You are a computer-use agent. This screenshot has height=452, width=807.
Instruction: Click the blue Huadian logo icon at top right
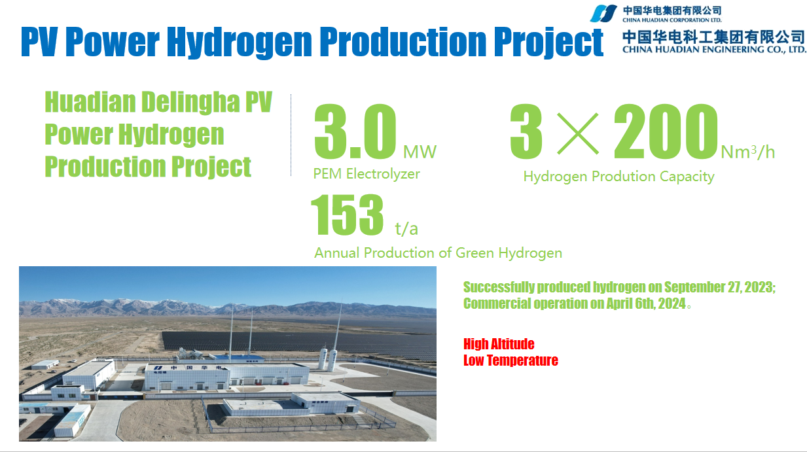pos(603,13)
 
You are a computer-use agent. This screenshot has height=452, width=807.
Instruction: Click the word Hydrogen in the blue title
pos(239,43)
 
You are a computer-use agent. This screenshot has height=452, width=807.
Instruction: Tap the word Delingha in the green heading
pos(190,102)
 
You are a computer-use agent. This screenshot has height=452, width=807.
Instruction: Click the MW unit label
pos(420,152)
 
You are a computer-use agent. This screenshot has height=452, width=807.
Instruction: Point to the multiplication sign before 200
pos(577,133)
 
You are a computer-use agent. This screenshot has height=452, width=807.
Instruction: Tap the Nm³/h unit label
pos(748,152)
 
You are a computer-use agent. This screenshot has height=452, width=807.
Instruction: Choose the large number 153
pos(347,215)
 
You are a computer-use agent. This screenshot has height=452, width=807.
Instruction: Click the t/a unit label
pos(406,229)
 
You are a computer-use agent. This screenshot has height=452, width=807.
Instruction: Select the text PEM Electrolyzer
pos(367,174)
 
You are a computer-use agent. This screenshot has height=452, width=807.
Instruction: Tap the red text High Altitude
pos(499,344)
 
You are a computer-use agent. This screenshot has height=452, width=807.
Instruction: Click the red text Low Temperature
pos(511,360)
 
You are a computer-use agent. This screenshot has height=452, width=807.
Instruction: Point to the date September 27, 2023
pos(719,287)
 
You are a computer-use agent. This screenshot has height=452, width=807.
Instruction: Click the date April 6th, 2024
pos(645,304)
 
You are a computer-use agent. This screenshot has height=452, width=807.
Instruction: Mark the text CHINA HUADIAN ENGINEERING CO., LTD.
pos(713,49)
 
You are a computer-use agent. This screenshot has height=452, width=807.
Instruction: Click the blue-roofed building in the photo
pos(236,358)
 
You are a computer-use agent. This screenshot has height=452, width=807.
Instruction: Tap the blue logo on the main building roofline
pos(158,368)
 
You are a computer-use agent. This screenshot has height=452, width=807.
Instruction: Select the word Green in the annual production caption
pos(475,253)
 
